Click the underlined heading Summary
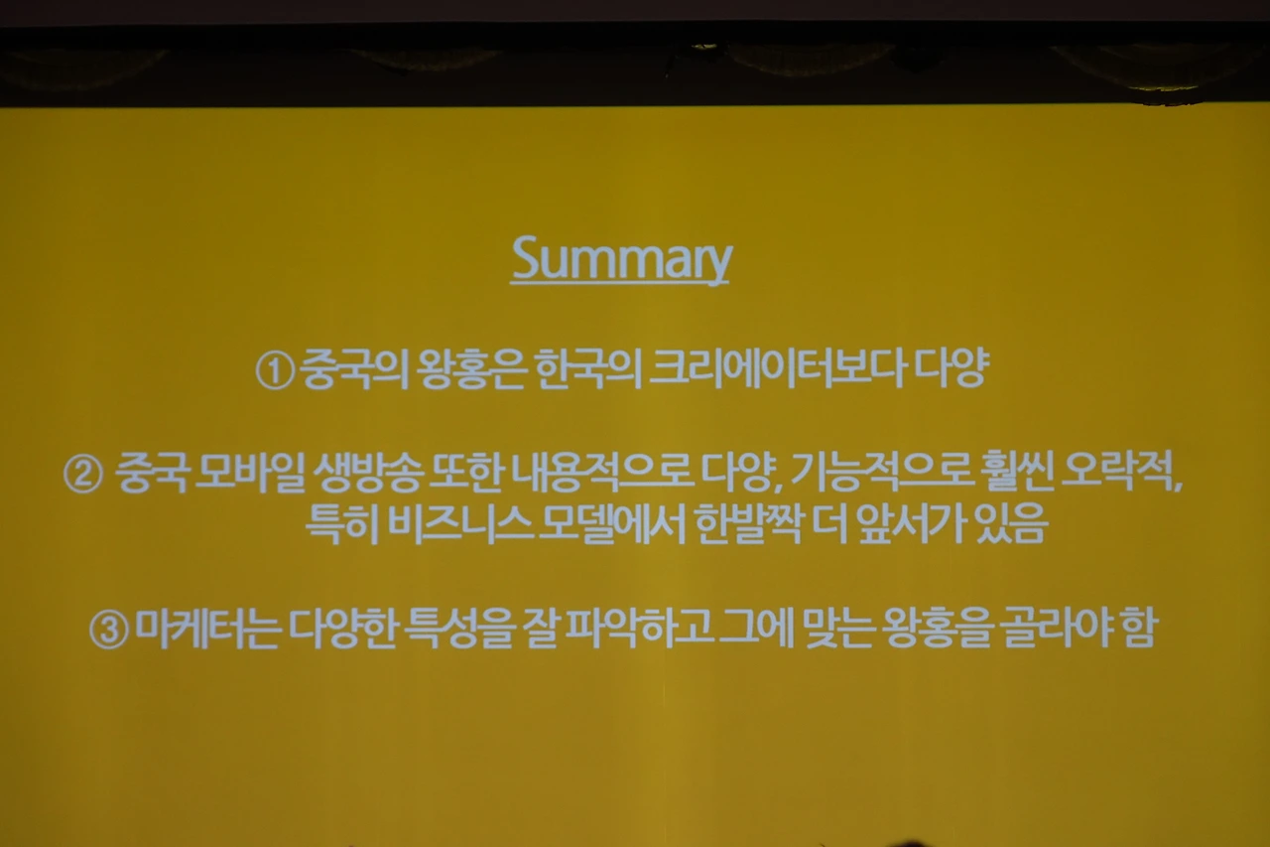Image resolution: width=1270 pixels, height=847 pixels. click(621, 261)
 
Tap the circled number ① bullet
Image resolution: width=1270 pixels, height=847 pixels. click(275, 371)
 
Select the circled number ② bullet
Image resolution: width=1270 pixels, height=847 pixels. click(83, 475)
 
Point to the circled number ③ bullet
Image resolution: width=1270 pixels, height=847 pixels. click(109, 630)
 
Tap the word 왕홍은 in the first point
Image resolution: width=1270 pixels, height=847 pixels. click(469, 369)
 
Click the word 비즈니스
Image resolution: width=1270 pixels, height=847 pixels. click(461, 524)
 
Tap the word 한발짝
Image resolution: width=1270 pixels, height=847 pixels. click(748, 524)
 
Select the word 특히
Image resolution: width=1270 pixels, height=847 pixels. click(342, 524)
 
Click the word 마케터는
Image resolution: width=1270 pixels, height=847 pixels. click(208, 629)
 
